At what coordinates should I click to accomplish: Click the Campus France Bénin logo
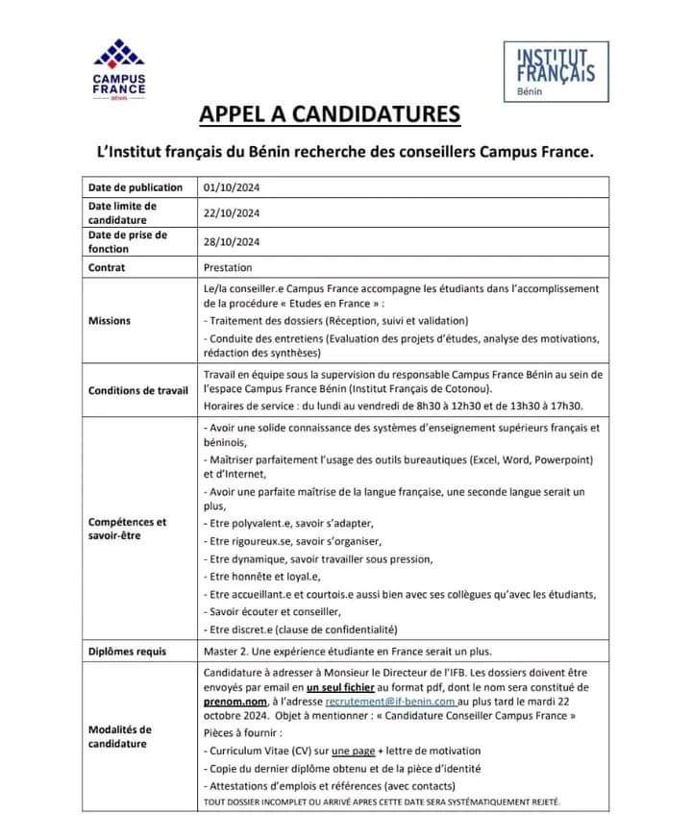[x=119, y=69]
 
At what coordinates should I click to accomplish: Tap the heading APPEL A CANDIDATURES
[x=330, y=115]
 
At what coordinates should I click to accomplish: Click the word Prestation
[x=230, y=268]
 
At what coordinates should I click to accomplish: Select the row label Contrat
[x=108, y=268]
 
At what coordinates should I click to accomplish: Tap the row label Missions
[x=111, y=321]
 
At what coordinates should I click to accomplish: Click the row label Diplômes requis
[x=127, y=652]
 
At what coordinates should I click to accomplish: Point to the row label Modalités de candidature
[x=120, y=736]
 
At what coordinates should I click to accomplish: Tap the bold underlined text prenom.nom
[x=236, y=703]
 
